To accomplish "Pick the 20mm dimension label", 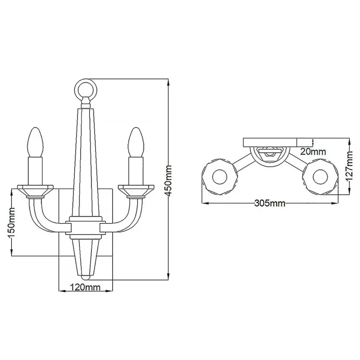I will coord(313,151).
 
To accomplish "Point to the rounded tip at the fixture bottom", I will coord(85,275).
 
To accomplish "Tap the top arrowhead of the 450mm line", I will coord(169,81).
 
